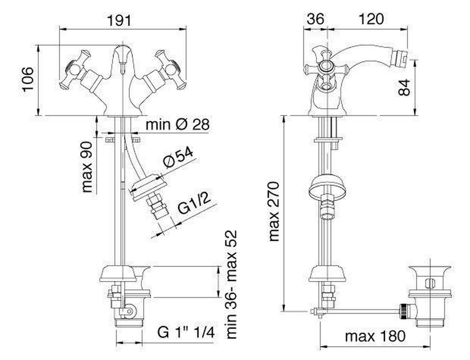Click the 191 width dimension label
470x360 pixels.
click(x=119, y=20)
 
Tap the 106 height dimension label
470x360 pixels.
click(x=28, y=79)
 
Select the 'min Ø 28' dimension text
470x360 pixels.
click(x=177, y=124)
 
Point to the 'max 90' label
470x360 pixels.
click(x=87, y=167)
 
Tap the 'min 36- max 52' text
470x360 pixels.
click(x=231, y=284)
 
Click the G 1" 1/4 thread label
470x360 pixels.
click(x=186, y=332)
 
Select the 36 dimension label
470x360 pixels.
click(x=316, y=19)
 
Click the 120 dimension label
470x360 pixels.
click(x=371, y=19)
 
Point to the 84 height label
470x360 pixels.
click(x=404, y=87)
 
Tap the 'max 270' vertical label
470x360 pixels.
click(x=274, y=211)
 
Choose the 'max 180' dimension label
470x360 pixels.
click(x=375, y=336)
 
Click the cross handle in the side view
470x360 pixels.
click(x=326, y=68)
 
